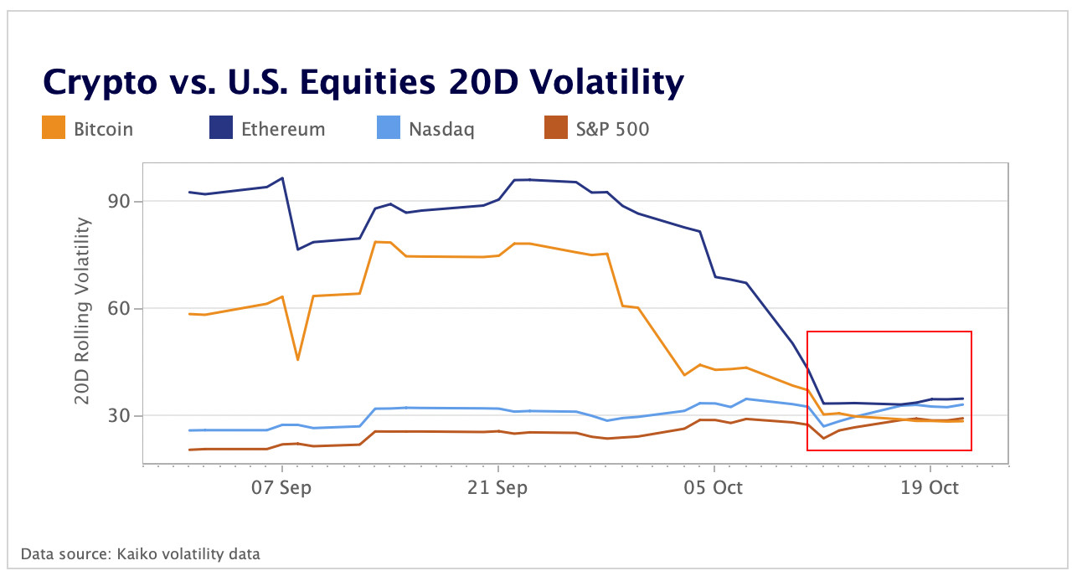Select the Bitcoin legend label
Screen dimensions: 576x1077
103,129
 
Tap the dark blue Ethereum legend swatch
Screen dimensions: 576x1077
220,129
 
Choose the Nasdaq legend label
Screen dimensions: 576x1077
441,129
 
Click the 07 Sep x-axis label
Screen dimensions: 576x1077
282,488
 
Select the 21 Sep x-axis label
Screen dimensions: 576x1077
498,488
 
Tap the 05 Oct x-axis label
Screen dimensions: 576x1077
714,488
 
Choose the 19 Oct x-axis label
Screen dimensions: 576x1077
930,488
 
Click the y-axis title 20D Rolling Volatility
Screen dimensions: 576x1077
82,310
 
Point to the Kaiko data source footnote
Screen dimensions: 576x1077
140,553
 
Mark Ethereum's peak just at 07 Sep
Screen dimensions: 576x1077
282,178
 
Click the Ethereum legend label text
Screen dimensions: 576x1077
283,129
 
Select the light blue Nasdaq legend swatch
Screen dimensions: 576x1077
388,129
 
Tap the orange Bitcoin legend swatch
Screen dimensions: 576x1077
53,129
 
